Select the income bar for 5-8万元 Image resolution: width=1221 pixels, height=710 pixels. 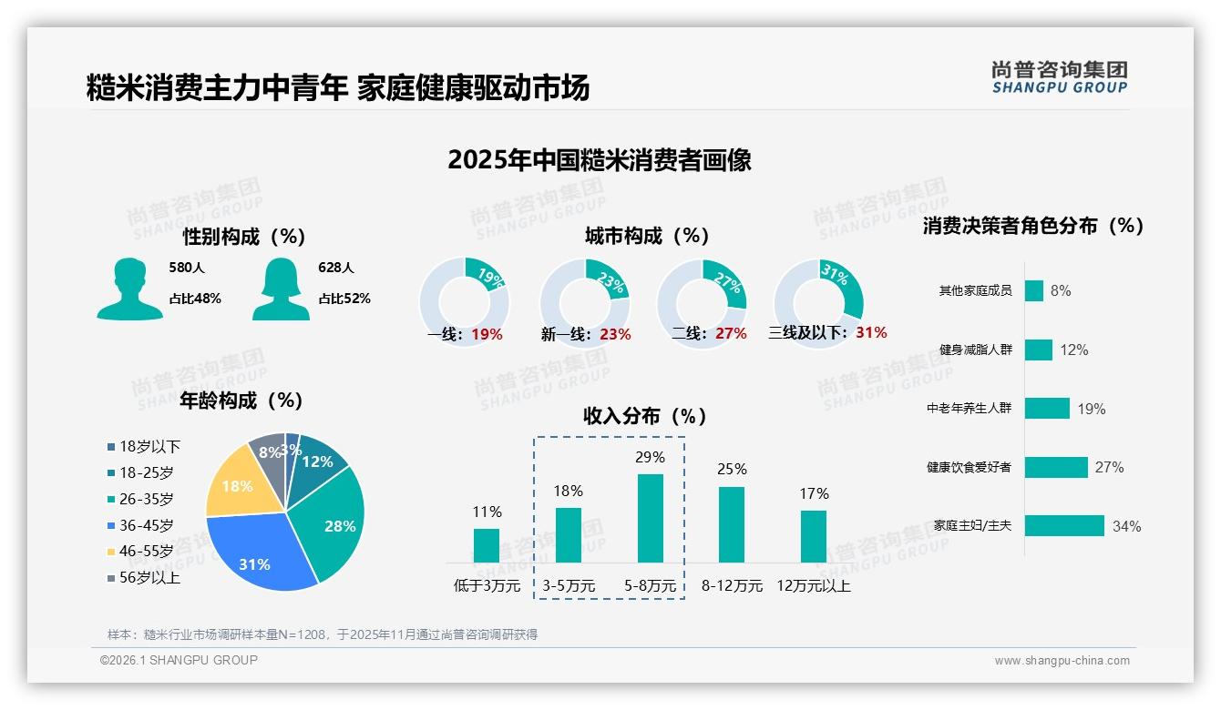[650, 518]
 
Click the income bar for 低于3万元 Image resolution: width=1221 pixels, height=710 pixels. [487, 545]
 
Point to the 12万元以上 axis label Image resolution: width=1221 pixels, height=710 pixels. [813, 586]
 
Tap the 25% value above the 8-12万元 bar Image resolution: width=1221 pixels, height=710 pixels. [732, 469]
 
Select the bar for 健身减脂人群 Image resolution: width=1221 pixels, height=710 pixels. [1038, 350]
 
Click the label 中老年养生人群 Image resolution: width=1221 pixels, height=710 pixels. [969, 409]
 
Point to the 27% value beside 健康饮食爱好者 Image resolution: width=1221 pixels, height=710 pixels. [1109, 467]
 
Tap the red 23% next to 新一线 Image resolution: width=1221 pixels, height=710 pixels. [615, 334]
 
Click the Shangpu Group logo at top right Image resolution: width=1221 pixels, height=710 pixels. [1060, 76]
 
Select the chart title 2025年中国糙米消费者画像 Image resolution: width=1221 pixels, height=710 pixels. [600, 160]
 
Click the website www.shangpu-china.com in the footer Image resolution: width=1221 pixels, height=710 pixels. [1062, 661]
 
